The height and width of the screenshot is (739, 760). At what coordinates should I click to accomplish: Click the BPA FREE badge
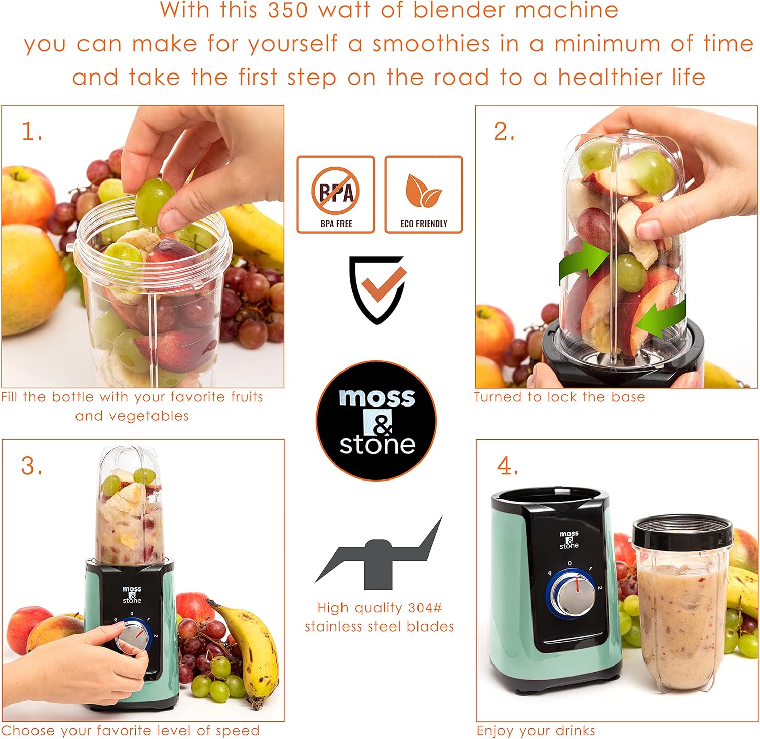point(335,195)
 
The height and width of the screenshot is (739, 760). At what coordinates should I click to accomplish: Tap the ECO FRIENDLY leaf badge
point(424,195)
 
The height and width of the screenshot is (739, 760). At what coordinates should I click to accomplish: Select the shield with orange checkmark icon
point(377,289)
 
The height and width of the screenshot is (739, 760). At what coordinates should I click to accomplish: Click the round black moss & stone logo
point(376,421)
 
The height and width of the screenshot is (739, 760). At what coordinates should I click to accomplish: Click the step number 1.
point(31,132)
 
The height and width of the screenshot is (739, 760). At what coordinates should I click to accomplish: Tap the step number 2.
point(504,132)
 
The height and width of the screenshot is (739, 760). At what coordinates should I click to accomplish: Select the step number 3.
point(31,466)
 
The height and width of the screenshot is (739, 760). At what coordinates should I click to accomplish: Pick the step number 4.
point(507,466)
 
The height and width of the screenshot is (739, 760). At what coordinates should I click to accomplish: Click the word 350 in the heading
point(288,10)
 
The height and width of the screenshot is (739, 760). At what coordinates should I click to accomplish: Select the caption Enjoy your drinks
point(536,730)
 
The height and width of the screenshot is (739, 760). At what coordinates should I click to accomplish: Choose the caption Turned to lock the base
point(559,397)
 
